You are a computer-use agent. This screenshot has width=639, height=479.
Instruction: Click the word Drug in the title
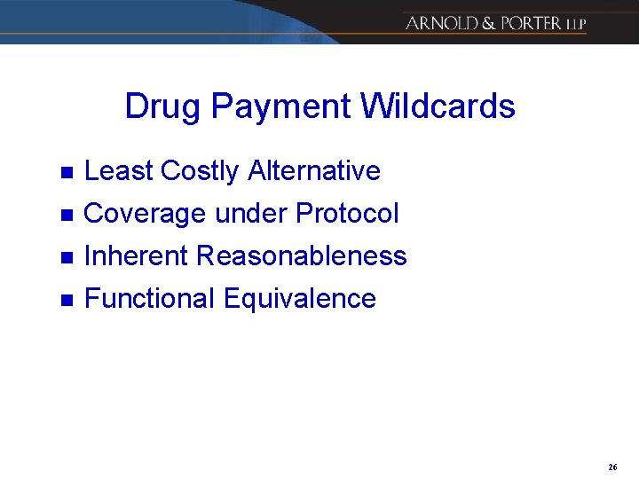[x=157, y=106]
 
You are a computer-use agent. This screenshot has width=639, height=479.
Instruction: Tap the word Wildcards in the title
[x=438, y=106]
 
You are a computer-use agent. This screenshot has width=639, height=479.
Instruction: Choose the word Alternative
[x=314, y=170]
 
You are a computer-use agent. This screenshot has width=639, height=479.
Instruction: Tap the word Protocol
[x=347, y=214]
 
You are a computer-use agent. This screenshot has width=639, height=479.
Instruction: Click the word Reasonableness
[x=302, y=256]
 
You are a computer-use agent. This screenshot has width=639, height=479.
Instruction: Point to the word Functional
[x=149, y=299]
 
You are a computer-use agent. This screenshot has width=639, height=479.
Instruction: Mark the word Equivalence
[x=300, y=299]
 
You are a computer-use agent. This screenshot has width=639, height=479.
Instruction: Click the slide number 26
[x=612, y=467]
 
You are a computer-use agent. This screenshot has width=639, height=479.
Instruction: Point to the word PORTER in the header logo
[x=531, y=23]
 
